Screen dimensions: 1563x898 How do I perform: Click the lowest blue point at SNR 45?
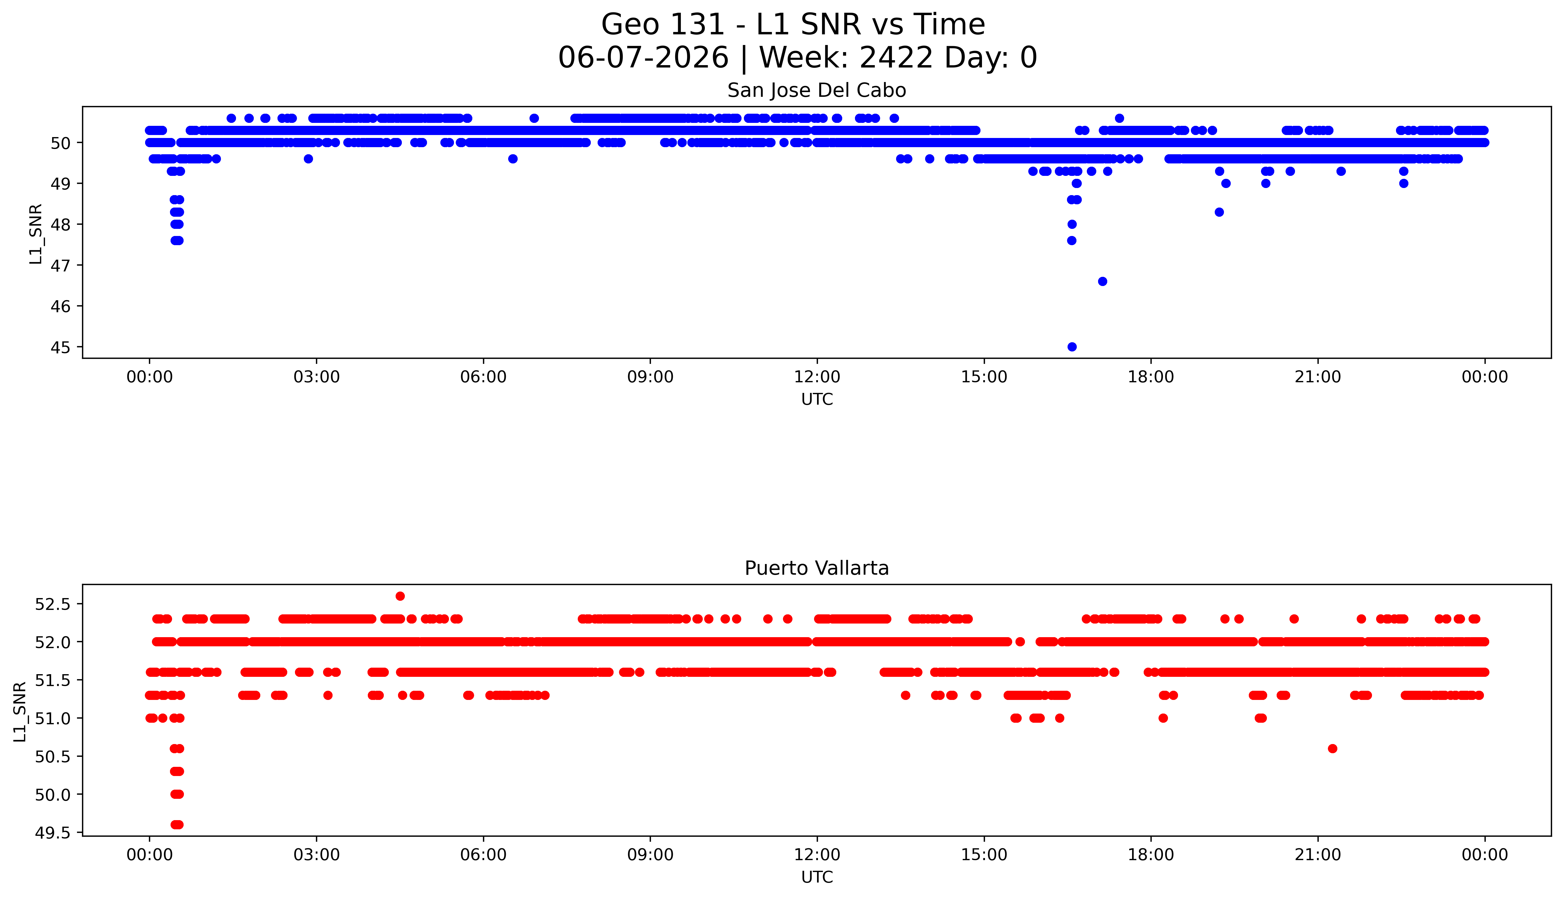pyautogui.click(x=1072, y=347)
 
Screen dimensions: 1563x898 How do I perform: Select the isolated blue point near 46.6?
pyautogui.click(x=1103, y=281)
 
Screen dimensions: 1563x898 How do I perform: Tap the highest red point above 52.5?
pyautogui.click(x=400, y=596)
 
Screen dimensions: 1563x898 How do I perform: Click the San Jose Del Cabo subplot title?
pyautogui.click(x=817, y=91)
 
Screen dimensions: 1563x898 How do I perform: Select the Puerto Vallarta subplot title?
pyautogui.click(x=817, y=568)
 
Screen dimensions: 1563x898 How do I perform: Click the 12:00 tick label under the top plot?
pyautogui.click(x=817, y=377)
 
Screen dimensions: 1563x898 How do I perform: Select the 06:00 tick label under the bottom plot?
pyautogui.click(x=484, y=855)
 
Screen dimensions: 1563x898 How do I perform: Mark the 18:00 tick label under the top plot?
pyautogui.click(x=1151, y=377)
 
